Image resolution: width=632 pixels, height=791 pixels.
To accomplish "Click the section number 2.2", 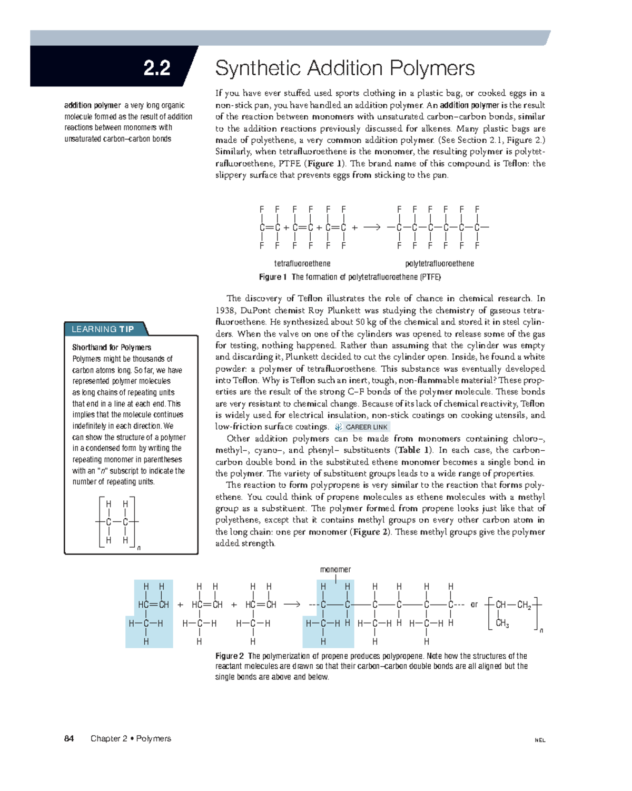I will (156, 68).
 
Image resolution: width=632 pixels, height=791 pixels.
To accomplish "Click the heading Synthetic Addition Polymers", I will (345, 68).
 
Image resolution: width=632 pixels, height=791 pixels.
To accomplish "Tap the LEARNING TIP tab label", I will (103, 329).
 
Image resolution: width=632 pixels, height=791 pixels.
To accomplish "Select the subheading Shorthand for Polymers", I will (112, 348).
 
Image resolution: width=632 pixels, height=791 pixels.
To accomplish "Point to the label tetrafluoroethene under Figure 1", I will (302, 263).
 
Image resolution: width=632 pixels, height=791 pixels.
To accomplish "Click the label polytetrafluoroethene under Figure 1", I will (439, 263).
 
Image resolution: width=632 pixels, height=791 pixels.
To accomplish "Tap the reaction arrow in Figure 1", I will (371, 228).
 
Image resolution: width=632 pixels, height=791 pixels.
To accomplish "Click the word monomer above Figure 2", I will (335, 569).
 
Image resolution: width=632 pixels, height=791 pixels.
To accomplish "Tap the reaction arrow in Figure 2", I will (292, 605).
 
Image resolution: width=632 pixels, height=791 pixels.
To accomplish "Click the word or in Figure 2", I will (474, 605).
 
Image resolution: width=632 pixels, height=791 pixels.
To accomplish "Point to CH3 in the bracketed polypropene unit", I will (502, 624).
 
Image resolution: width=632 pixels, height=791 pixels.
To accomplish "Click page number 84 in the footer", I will (69, 738).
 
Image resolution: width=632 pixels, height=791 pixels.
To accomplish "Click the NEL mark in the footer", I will (540, 740).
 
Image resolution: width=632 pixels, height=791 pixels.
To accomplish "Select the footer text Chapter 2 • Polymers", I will (131, 738).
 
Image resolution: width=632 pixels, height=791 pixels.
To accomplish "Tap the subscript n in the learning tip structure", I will (139, 548).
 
